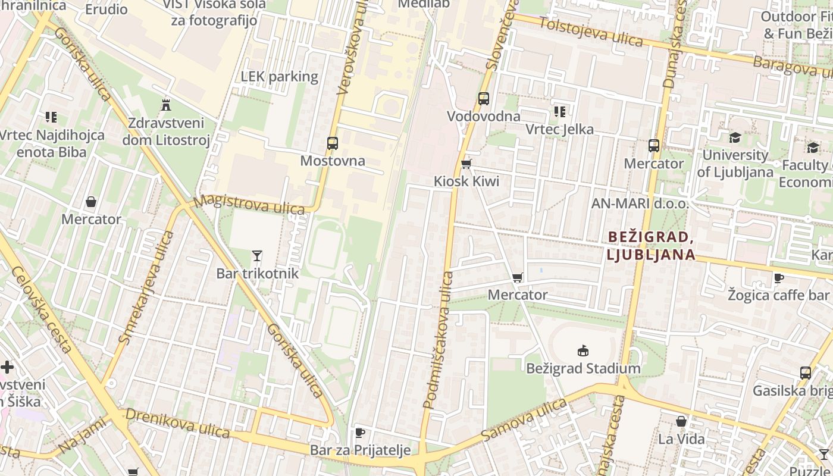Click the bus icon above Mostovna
click(332, 143)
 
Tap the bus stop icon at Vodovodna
click(484, 99)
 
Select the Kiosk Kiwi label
click(466, 181)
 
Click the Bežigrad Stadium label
click(583, 368)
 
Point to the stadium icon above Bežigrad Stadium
click(583, 351)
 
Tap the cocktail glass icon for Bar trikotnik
click(257, 256)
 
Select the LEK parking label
click(280, 77)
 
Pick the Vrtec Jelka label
click(559, 129)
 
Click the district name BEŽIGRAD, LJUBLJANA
click(651, 246)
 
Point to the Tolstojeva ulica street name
click(591, 32)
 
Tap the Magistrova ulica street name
click(249, 204)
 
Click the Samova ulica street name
click(524, 420)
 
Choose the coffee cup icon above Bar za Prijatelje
click(359, 433)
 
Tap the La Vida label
click(681, 439)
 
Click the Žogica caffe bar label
click(778, 295)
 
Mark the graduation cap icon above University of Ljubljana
click(735, 138)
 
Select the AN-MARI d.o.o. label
click(640, 203)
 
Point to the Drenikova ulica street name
click(177, 423)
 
